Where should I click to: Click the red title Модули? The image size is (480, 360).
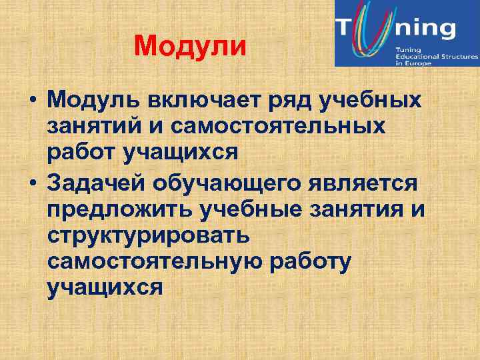190,47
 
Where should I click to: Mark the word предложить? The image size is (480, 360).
119,211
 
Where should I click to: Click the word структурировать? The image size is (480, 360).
149,237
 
